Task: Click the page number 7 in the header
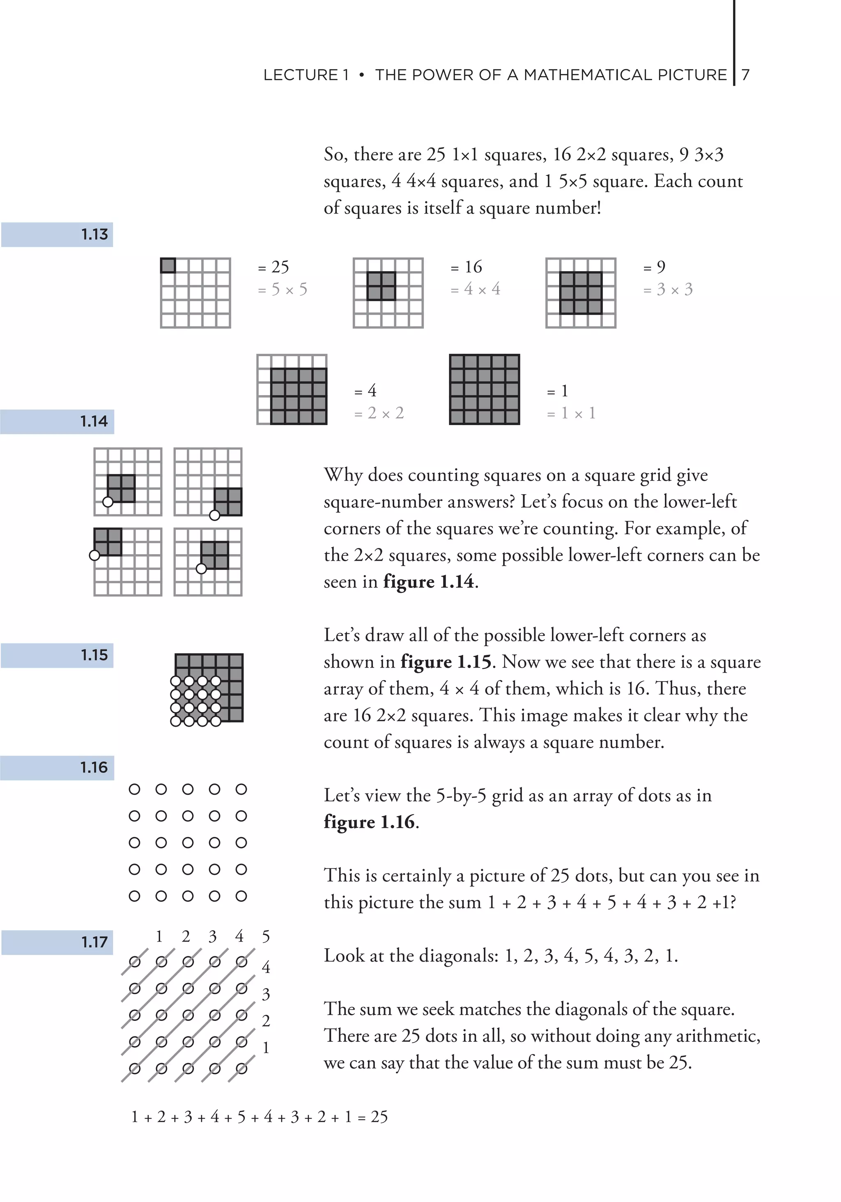[x=746, y=75]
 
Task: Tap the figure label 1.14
[x=94, y=421]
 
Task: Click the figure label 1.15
[x=94, y=655]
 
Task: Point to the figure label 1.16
[x=94, y=767]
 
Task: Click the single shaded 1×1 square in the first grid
[x=168, y=265]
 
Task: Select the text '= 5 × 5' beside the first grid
[x=283, y=290]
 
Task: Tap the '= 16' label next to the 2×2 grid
[x=466, y=267]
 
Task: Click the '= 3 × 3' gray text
[x=668, y=290]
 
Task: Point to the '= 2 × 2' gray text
[x=379, y=413]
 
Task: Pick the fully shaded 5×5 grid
[x=484, y=389]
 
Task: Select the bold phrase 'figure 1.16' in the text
[x=370, y=822]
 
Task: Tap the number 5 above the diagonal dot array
[x=266, y=937]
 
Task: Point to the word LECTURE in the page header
[x=301, y=75]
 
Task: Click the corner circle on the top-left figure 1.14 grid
[x=108, y=502]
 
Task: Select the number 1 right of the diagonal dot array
[x=266, y=1048]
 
